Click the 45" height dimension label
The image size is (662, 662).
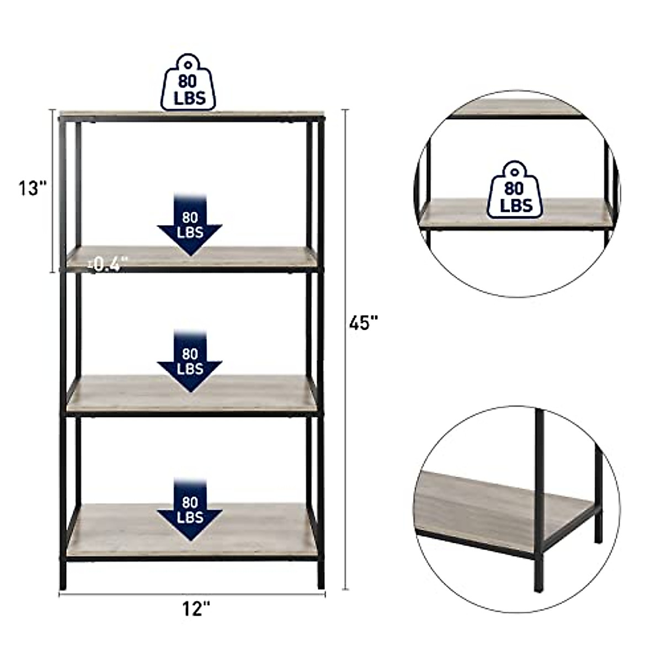click(x=362, y=322)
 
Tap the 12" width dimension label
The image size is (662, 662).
click(x=196, y=609)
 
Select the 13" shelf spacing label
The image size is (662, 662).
click(x=31, y=188)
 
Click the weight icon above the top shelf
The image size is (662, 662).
click(x=189, y=82)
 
